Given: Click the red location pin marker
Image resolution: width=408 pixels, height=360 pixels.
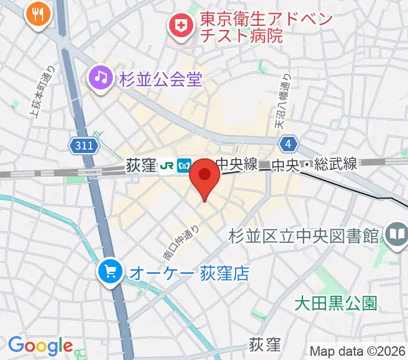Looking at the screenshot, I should click(205, 176).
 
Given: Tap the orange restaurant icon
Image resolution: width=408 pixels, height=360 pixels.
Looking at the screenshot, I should click(38, 14).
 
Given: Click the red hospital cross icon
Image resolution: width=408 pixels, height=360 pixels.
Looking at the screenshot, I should click(179, 25).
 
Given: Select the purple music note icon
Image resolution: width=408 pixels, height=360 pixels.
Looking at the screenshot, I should click(101, 76).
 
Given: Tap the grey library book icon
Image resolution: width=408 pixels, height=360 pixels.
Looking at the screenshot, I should click(396, 234).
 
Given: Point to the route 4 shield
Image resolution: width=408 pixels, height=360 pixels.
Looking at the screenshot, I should click(289, 144).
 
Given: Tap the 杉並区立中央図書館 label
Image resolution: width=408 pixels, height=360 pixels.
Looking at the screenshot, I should click(304, 235).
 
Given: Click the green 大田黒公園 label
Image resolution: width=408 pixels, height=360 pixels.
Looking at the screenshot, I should click(336, 303).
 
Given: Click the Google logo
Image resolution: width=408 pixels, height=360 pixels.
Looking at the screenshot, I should click(40, 346).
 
